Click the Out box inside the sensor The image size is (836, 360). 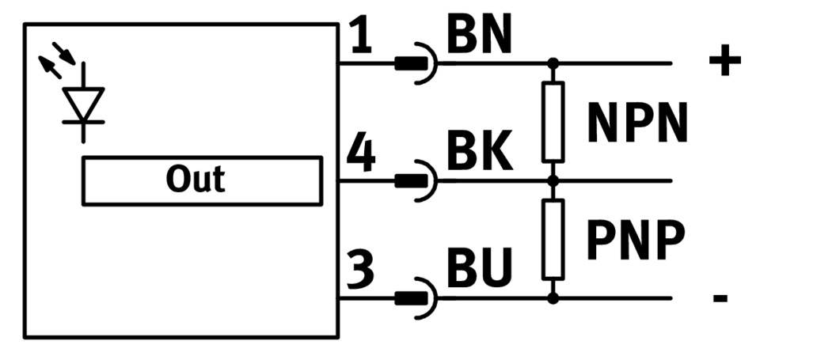click(202, 180)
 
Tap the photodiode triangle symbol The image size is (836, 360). click(84, 103)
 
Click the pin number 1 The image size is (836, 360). click(360, 37)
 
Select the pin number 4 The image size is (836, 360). click(361, 155)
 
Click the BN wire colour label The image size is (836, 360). click(480, 36)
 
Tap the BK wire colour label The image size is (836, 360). click(480, 153)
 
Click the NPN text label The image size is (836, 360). click(638, 123)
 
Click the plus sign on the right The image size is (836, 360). click(724, 61)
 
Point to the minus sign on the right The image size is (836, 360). click(720, 299)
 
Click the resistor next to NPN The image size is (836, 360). click(553, 122)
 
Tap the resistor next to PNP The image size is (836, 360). click(553, 239)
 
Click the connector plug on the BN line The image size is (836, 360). click(416, 63)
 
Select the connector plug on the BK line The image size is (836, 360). click(416, 180)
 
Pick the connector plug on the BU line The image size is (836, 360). click(416, 298)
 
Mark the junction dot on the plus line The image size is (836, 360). click(553, 63)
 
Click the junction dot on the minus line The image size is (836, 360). click(553, 298)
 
